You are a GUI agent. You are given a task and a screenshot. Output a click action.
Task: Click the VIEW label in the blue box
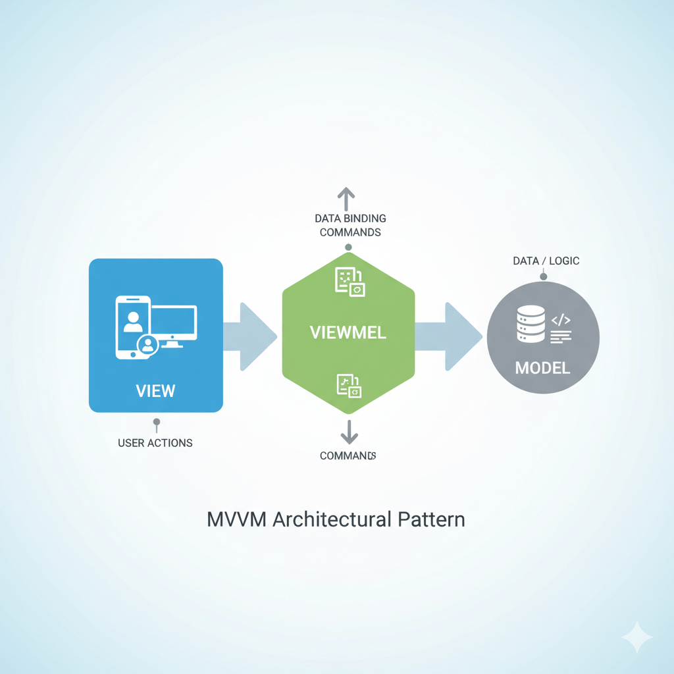(155, 390)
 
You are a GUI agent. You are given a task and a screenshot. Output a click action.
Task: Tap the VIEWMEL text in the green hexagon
(348, 332)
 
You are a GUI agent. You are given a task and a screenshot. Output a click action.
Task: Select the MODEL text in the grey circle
(542, 367)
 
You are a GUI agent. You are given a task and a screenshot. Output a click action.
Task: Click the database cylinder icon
(531, 324)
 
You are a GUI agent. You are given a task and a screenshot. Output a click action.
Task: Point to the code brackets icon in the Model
(561, 321)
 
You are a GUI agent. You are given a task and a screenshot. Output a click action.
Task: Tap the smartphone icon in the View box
(133, 327)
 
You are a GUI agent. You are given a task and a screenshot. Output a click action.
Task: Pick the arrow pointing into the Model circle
(454, 336)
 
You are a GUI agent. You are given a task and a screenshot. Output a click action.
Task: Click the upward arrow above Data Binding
(346, 197)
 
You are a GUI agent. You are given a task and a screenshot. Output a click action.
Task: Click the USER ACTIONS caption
(155, 443)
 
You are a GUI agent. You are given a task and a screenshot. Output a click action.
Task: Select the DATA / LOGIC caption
(546, 261)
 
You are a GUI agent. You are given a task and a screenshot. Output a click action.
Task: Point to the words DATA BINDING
(350, 219)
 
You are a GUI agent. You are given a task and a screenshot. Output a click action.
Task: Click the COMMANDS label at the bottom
(347, 455)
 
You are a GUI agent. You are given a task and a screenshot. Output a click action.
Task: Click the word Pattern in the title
(431, 519)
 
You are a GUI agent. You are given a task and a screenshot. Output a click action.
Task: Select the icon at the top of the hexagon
(350, 282)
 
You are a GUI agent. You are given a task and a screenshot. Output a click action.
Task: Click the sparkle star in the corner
(636, 637)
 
